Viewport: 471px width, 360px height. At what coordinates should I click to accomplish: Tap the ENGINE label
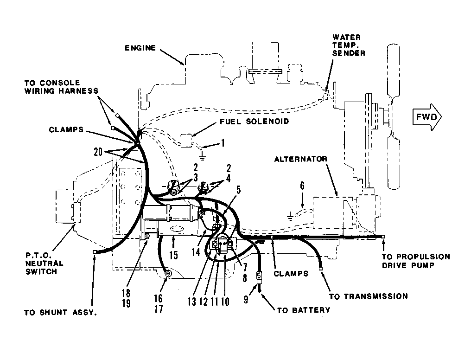pos(140,48)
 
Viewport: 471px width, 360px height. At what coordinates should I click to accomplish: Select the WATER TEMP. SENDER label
pos(349,45)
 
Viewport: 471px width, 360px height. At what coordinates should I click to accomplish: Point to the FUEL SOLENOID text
pos(254,122)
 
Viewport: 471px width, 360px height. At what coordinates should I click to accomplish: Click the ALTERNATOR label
pos(301,159)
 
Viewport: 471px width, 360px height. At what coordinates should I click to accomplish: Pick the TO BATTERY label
pos(303,310)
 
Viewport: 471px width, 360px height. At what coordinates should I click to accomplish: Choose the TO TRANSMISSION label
pos(369,296)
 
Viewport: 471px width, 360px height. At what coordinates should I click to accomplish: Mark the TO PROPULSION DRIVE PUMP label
pos(416,261)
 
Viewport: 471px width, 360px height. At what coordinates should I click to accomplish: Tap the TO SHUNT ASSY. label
pos(61,313)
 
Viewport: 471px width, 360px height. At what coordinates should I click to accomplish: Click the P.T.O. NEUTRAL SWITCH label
pos(45,264)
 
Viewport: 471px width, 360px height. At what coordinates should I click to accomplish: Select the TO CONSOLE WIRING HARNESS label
pos(61,87)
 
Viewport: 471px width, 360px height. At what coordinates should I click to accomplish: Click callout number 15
pos(173,255)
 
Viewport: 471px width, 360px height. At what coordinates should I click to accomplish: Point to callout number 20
pos(98,152)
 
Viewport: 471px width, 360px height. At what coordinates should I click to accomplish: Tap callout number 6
pos(302,186)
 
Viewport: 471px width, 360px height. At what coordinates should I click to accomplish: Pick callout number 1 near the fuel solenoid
pos(223,142)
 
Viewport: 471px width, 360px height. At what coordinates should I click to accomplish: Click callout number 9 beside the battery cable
pos(246,299)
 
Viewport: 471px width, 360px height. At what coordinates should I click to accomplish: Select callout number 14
pos(196,252)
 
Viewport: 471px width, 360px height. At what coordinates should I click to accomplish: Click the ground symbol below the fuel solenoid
pos(202,156)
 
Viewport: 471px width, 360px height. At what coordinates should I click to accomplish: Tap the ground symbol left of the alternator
pos(290,216)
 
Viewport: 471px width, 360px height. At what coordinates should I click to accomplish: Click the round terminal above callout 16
pos(168,273)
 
